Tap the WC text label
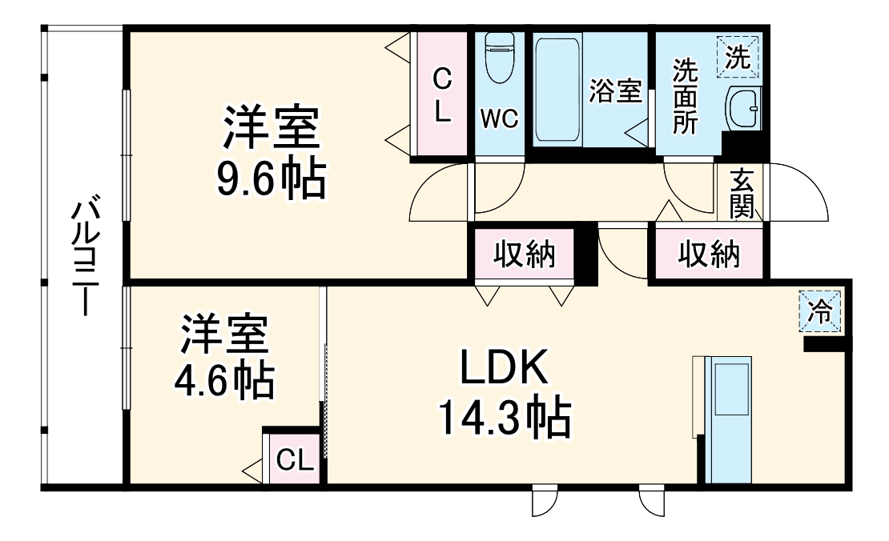pyautogui.click(x=499, y=118)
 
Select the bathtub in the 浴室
pyautogui.click(x=557, y=89)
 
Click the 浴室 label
pyautogui.click(x=615, y=90)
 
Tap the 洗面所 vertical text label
pyautogui.click(x=685, y=95)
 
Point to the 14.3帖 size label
pyautogui.click(x=504, y=418)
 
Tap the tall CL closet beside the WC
pyautogui.click(x=441, y=94)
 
